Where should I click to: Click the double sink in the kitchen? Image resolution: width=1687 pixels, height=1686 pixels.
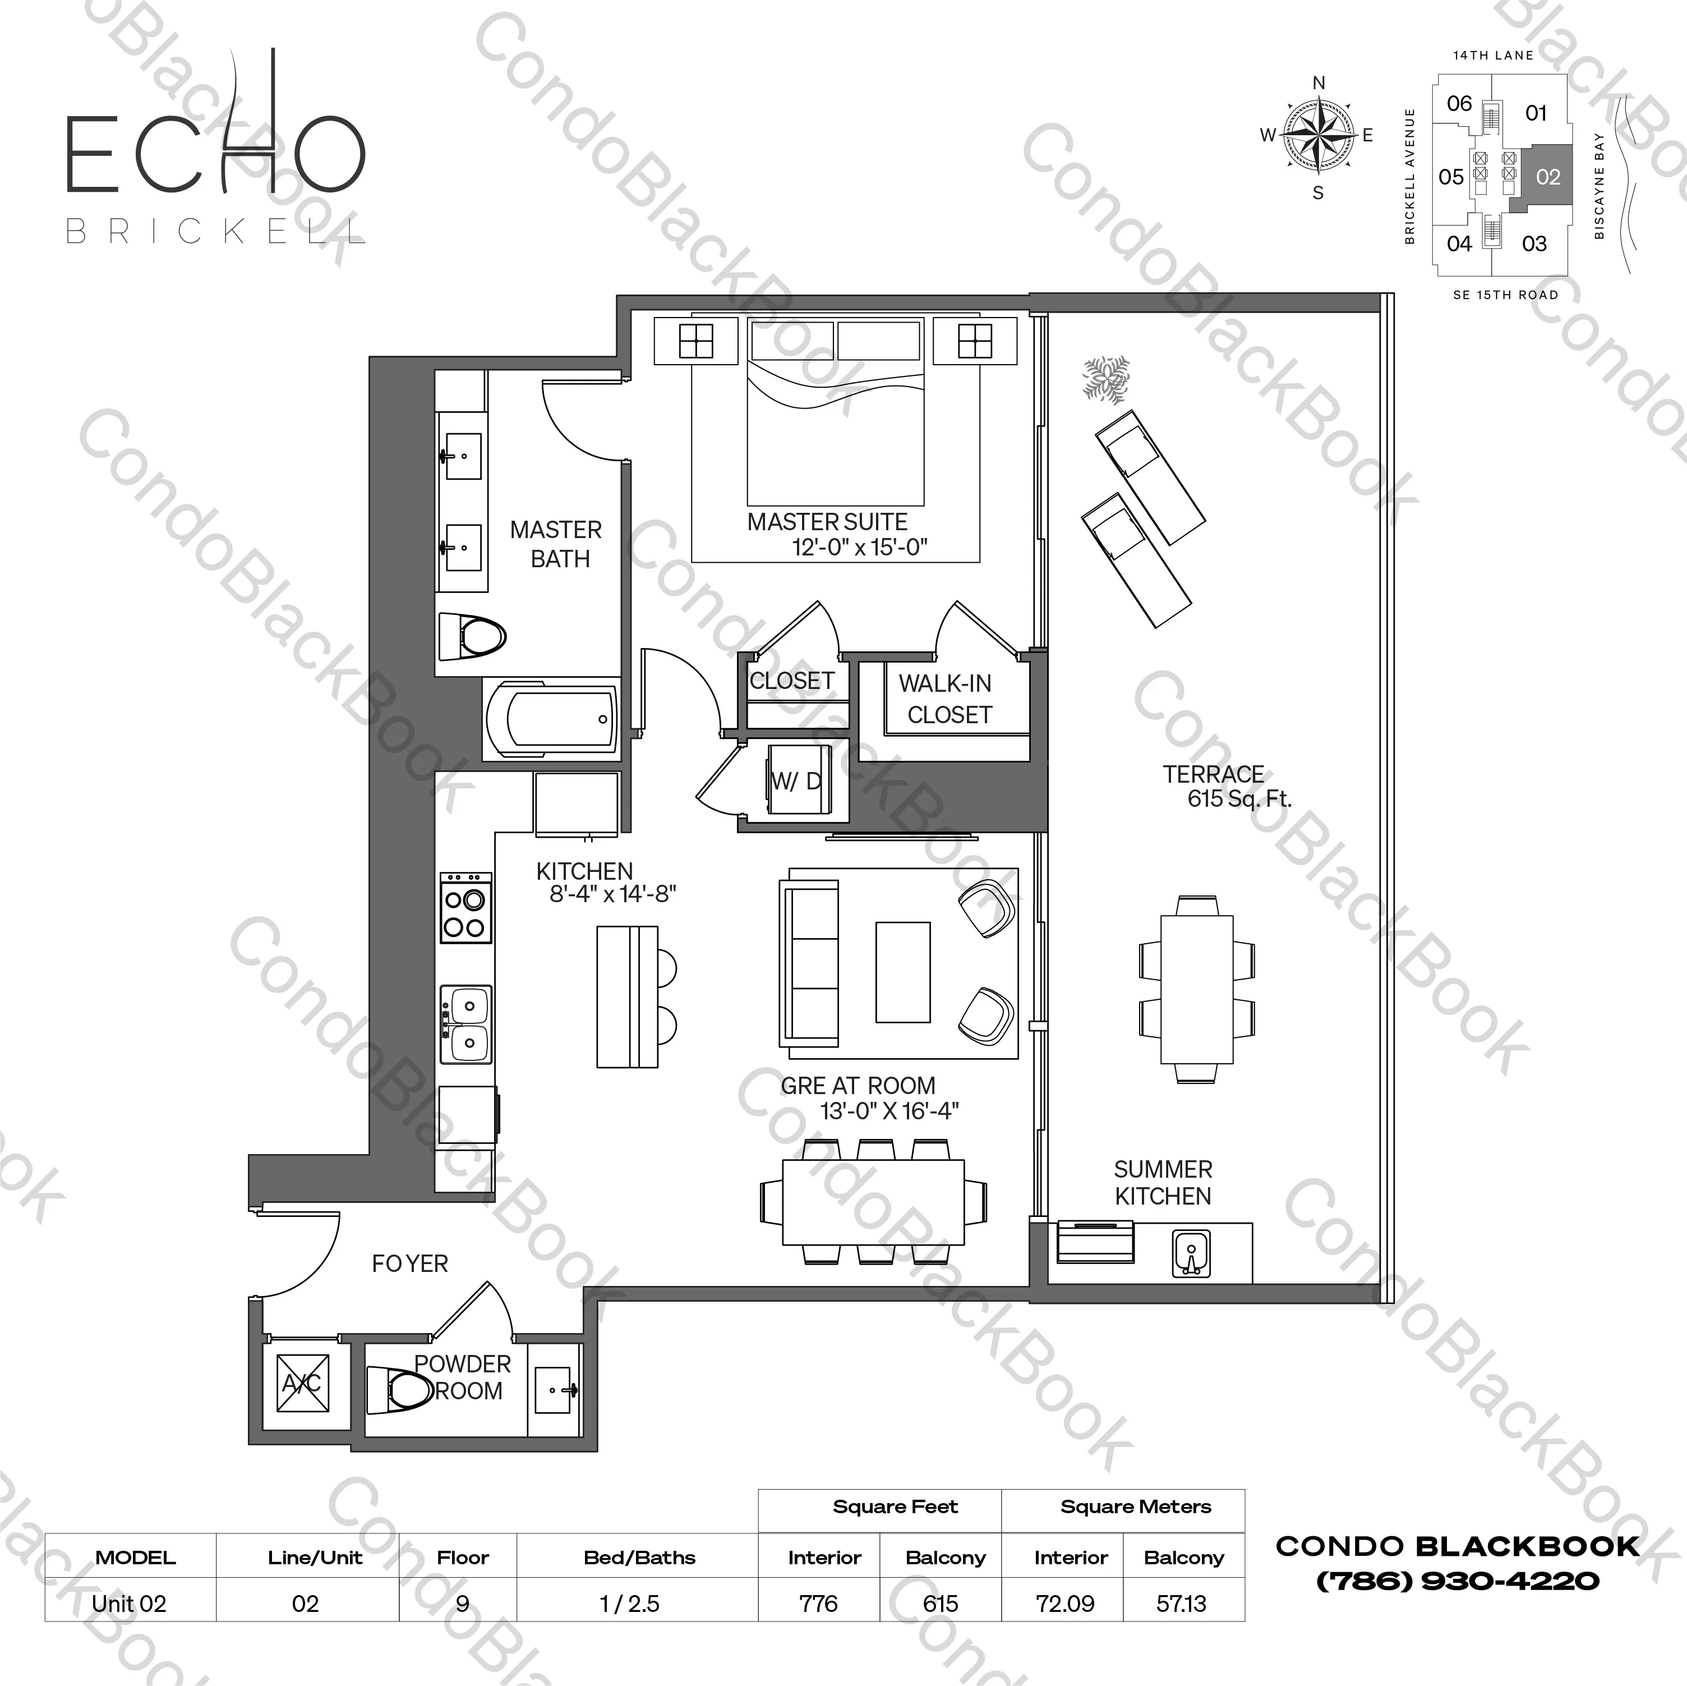tap(466, 1024)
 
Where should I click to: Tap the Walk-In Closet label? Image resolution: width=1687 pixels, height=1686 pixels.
tap(947, 699)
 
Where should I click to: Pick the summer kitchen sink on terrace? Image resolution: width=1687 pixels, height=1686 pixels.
tap(1190, 1255)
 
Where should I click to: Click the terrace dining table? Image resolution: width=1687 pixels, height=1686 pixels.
tap(1196, 989)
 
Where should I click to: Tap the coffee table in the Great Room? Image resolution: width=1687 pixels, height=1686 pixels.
tap(903, 971)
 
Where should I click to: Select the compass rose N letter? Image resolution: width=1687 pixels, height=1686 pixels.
tap(1319, 84)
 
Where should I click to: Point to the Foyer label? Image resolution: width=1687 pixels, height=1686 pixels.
tap(409, 1264)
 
